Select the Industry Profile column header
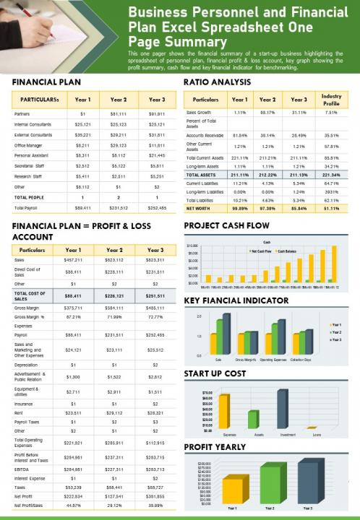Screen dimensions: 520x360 pyautogui.click(x=331, y=100)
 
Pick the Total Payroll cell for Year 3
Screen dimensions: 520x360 pyautogui.click(x=157, y=207)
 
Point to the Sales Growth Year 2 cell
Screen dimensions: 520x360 pyautogui.click(x=267, y=113)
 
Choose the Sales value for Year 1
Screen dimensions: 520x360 pyautogui.click(x=73, y=259)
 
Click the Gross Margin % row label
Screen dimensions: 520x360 pyautogui.click(x=30, y=317)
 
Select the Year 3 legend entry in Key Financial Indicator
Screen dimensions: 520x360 pyautogui.click(x=336, y=339)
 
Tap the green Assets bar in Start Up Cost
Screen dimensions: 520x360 pyautogui.click(x=253, y=419)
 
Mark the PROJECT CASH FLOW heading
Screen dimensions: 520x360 pyautogui.click(x=226, y=226)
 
